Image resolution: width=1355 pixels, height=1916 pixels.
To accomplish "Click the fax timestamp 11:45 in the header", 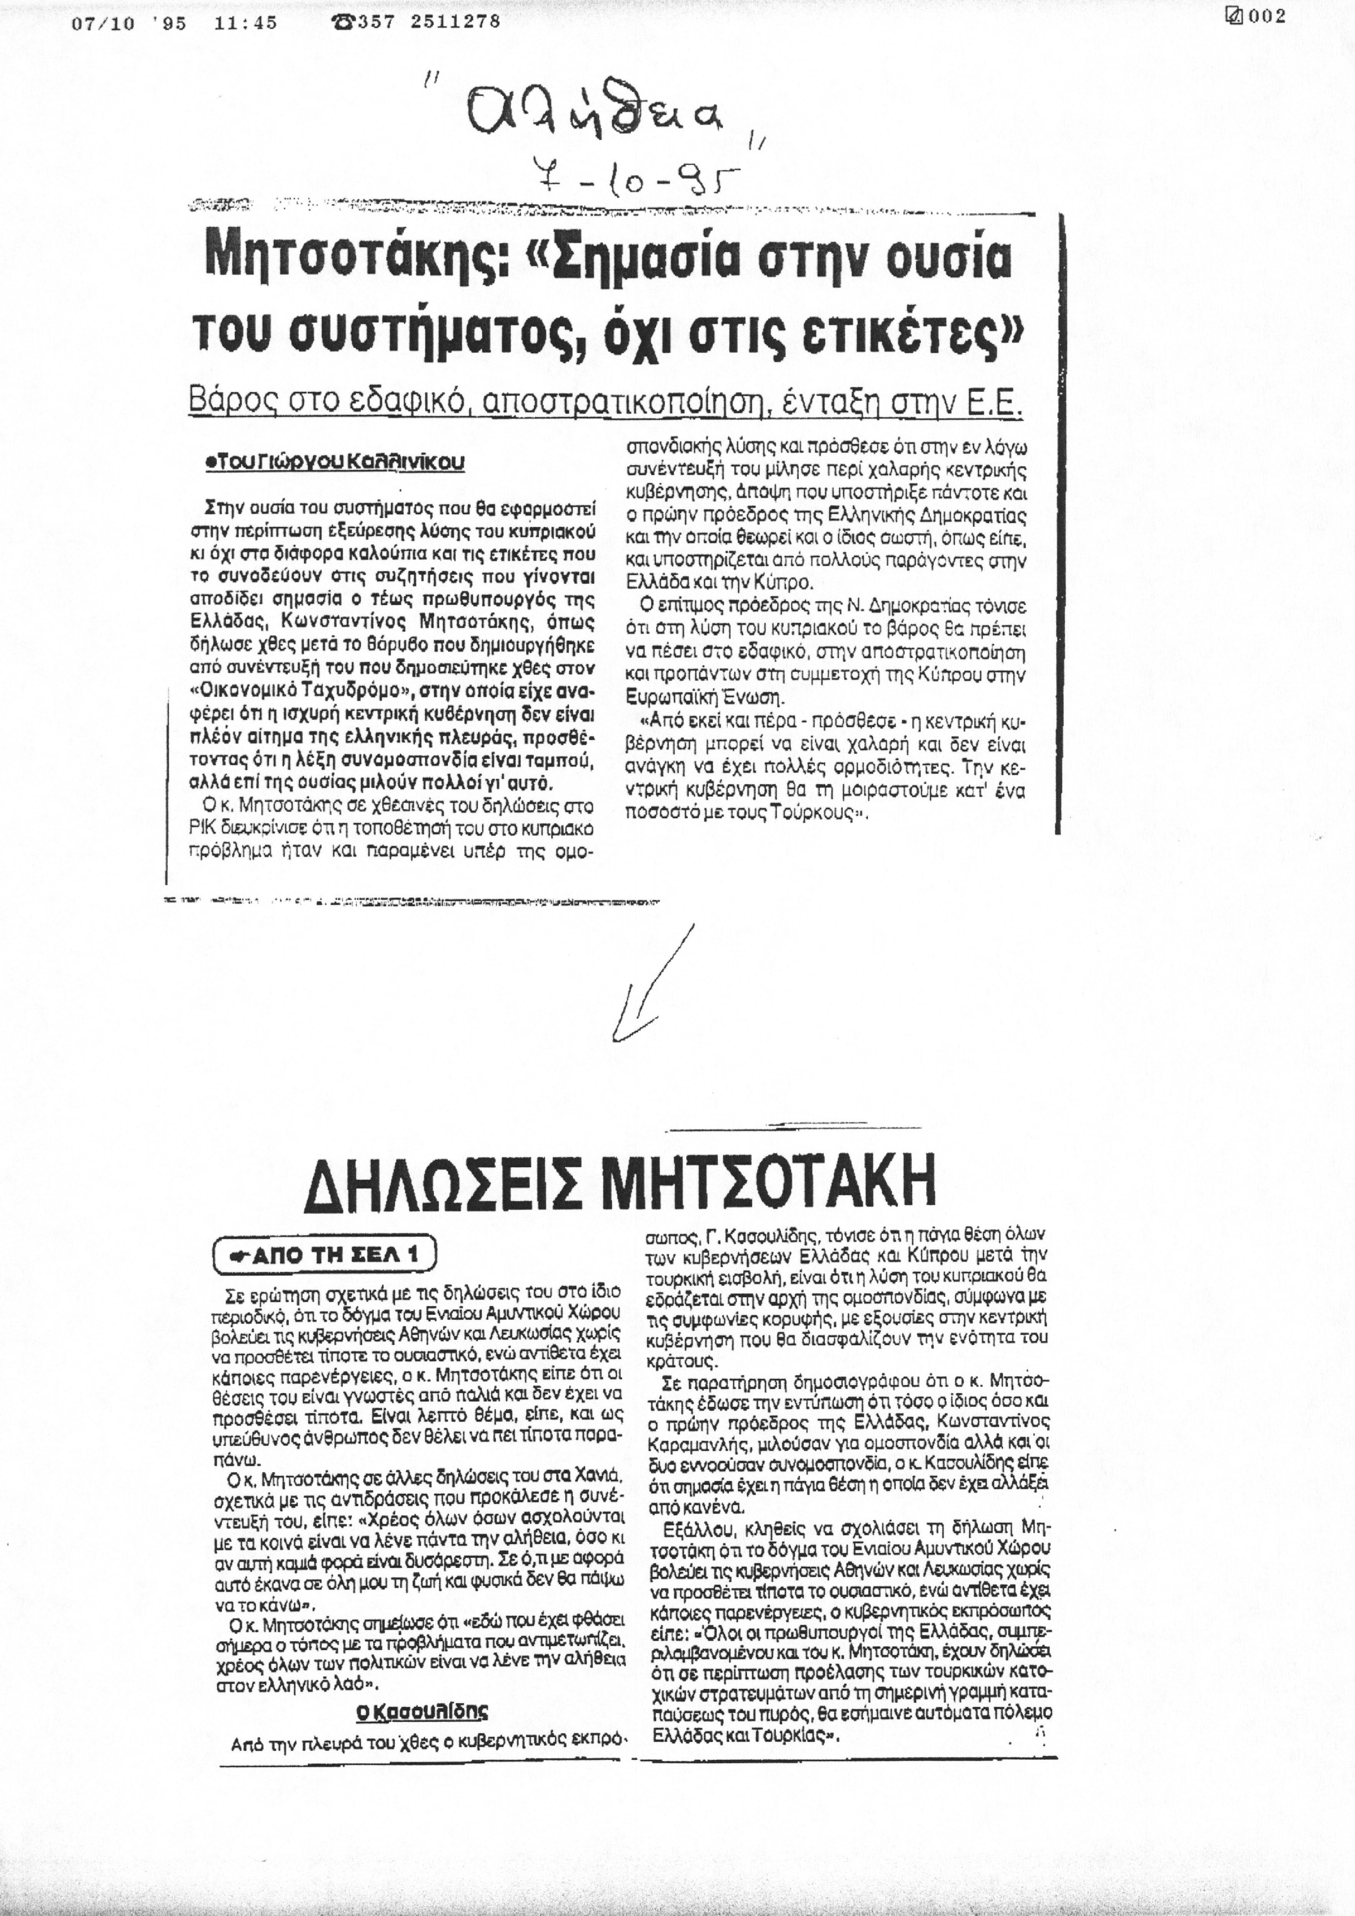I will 245,23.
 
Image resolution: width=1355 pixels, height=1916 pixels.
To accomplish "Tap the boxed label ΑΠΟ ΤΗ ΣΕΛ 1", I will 326,1254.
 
